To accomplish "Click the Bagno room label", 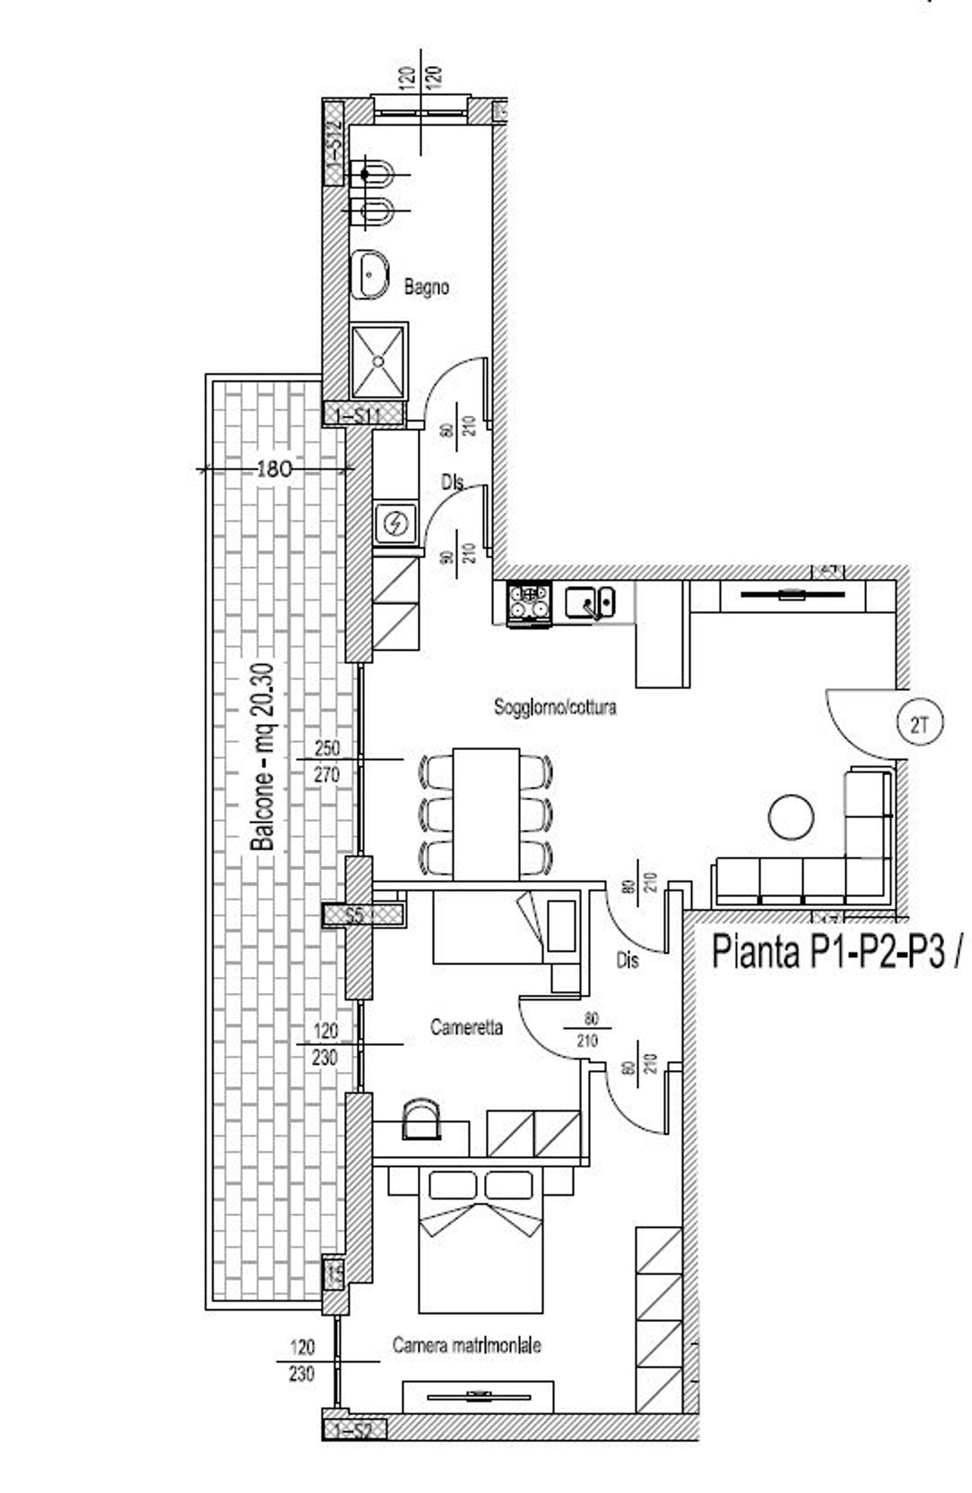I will point(426,286).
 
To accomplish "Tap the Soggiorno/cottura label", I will point(555,707).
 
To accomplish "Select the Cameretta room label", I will point(466,1027).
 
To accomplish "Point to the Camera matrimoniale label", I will point(467,1345).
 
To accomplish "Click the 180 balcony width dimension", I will point(274,468).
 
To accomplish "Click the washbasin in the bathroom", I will point(370,275).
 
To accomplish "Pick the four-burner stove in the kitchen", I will point(529,602).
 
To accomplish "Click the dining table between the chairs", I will point(486,814).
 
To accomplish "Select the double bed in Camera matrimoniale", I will point(480,1257).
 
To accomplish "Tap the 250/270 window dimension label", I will point(327,761).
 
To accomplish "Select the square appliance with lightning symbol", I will point(395,523).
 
